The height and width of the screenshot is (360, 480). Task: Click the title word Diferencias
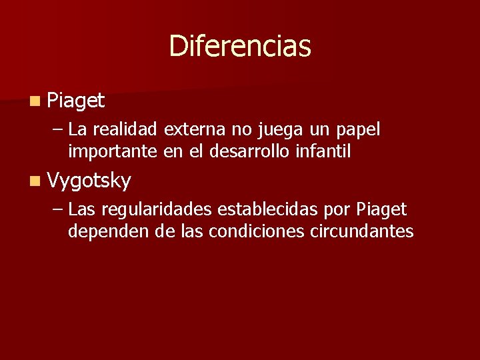(x=240, y=46)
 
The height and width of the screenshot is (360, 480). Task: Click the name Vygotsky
(x=89, y=180)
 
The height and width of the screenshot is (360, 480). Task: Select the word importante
(x=113, y=151)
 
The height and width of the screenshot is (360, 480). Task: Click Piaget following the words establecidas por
(x=381, y=211)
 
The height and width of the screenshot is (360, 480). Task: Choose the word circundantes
(x=363, y=231)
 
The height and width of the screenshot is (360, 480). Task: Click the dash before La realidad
(x=57, y=130)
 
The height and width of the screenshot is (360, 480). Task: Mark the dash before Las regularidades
(x=57, y=210)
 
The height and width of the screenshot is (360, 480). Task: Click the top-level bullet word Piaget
(x=76, y=101)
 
